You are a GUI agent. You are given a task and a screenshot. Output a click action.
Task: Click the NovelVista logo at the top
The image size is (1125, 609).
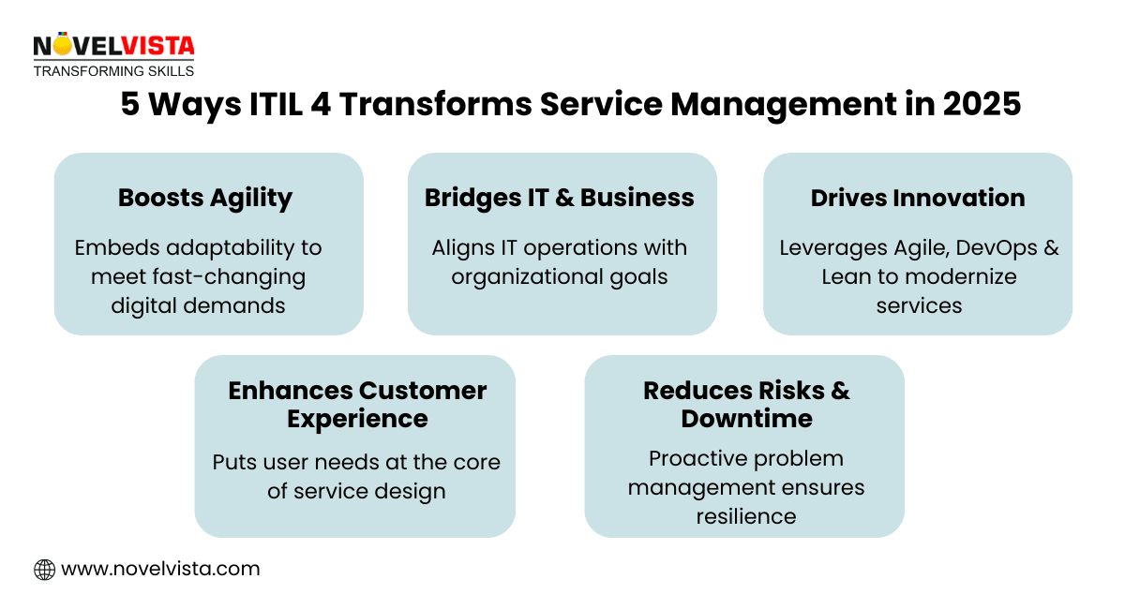pyautogui.click(x=113, y=46)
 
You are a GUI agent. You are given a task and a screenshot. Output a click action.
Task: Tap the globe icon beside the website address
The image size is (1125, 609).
pyautogui.click(x=44, y=569)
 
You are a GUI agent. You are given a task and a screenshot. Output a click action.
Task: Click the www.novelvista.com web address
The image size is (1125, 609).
pyautogui.click(x=160, y=569)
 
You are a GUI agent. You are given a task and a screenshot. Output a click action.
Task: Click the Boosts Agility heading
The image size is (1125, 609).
pyautogui.click(x=205, y=198)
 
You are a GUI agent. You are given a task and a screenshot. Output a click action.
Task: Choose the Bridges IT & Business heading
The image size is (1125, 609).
pyautogui.click(x=560, y=198)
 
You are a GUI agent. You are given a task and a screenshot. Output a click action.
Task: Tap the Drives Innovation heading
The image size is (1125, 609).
pyautogui.click(x=918, y=198)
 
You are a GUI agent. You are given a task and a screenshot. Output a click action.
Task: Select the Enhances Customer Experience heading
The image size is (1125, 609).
pyautogui.click(x=357, y=404)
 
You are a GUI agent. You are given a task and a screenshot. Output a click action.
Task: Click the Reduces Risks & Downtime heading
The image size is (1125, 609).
pyautogui.click(x=746, y=404)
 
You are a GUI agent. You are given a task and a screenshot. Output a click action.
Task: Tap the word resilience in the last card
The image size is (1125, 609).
pyautogui.click(x=746, y=516)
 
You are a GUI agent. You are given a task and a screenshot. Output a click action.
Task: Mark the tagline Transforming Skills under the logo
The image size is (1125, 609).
pyautogui.click(x=113, y=71)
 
